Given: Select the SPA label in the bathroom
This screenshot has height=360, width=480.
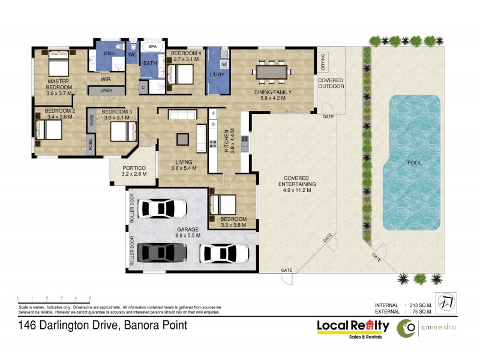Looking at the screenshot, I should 152,46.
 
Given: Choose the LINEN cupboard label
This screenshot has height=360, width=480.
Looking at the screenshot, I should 106,90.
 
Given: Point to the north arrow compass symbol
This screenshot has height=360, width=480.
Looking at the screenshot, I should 447,299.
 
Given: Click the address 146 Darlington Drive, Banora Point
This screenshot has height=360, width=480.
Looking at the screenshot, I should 102,326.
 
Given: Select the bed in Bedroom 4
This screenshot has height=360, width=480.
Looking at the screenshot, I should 181,74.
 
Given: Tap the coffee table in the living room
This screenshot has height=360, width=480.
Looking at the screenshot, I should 182,139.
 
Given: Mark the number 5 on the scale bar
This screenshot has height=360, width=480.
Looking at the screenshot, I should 90,298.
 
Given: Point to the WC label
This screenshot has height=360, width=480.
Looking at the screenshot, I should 133,54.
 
